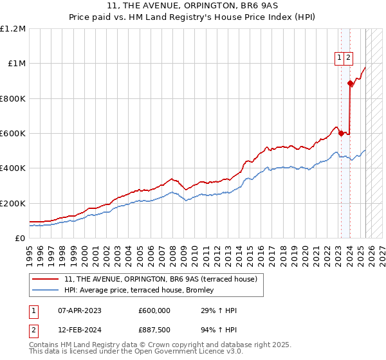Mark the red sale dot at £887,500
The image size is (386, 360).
click(350, 83)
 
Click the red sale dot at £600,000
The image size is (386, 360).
click(341, 133)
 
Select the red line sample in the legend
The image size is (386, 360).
click(46, 279)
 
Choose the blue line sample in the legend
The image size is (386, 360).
click(46, 291)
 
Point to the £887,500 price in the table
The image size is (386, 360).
click(154, 330)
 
